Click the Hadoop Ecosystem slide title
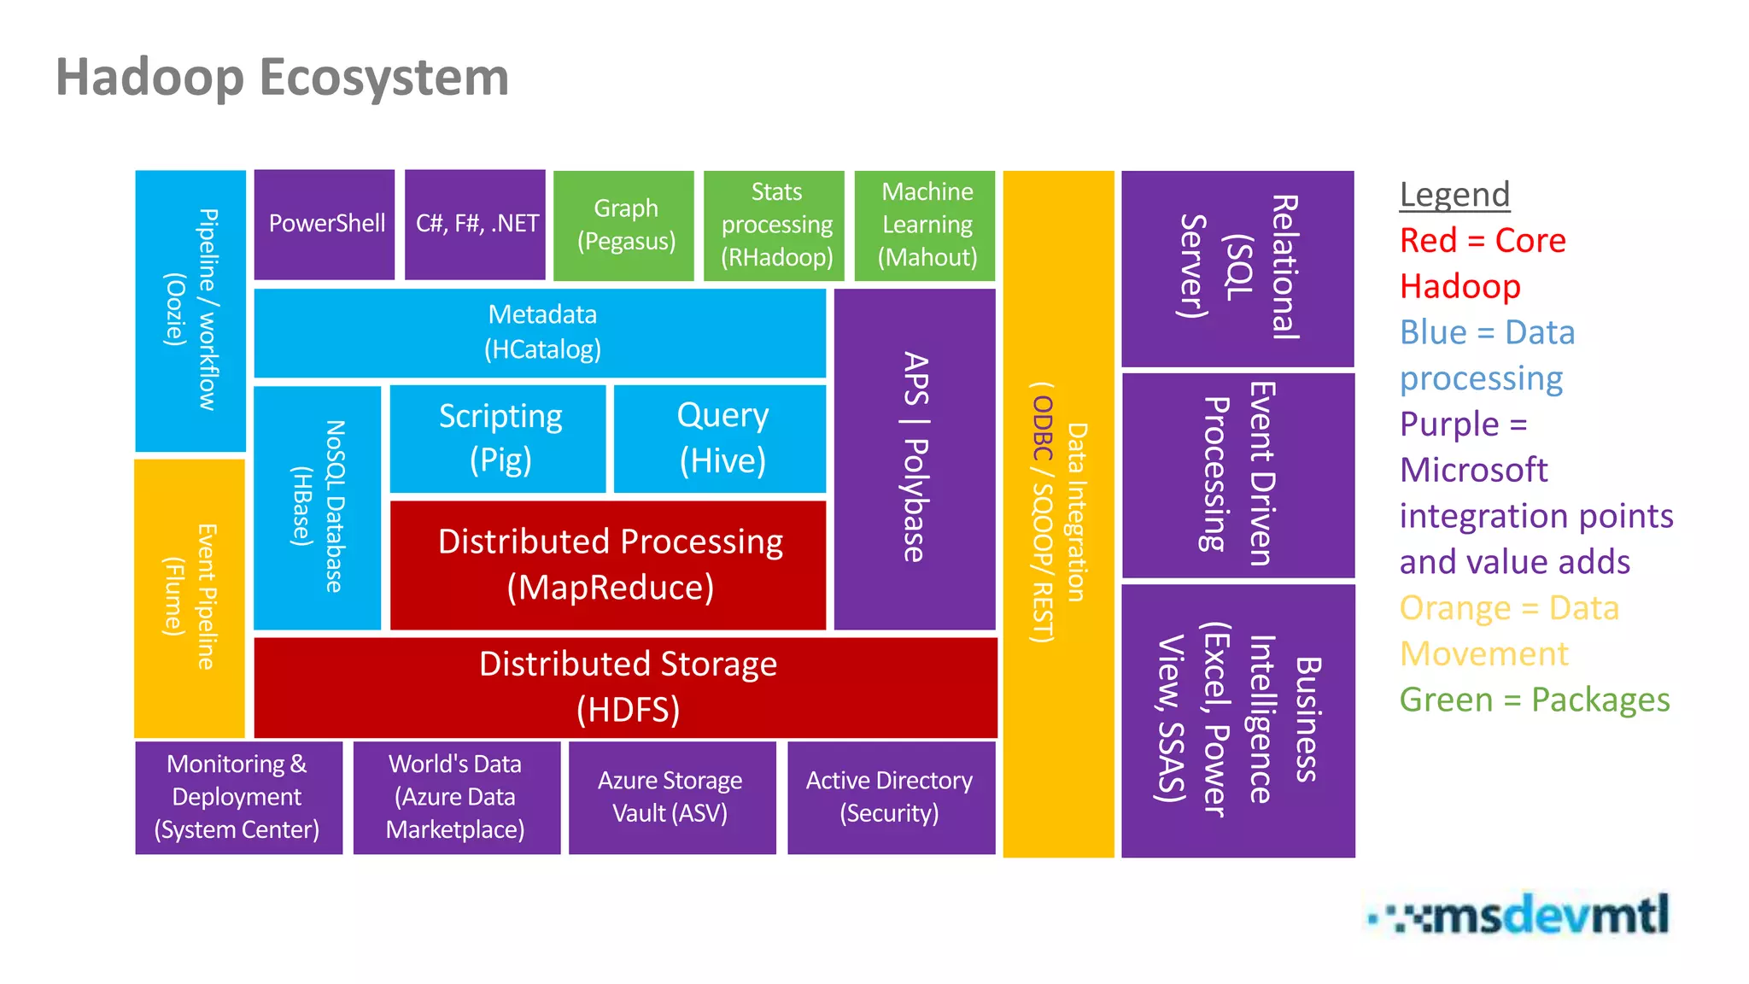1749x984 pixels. (x=282, y=77)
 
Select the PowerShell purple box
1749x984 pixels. (x=325, y=225)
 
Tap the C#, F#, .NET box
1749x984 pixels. (x=476, y=225)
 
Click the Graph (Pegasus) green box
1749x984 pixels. (x=625, y=225)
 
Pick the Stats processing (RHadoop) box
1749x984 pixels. (x=775, y=225)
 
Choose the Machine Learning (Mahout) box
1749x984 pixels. (x=927, y=225)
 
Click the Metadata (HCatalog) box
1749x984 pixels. (x=541, y=332)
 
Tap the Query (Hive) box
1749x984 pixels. (x=721, y=438)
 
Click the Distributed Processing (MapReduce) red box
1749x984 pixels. (x=609, y=565)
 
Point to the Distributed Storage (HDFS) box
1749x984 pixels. (x=626, y=687)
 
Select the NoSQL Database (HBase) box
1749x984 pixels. (x=318, y=507)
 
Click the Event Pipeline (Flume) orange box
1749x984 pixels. (x=190, y=598)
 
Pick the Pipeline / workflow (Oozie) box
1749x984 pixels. (x=190, y=310)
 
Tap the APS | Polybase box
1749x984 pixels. (x=915, y=459)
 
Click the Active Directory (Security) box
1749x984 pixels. (x=891, y=797)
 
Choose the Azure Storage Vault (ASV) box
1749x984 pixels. (x=672, y=797)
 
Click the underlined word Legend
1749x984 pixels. (x=1454, y=195)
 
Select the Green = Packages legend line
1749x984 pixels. (x=1534, y=700)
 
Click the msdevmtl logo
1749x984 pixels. (x=1519, y=915)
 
